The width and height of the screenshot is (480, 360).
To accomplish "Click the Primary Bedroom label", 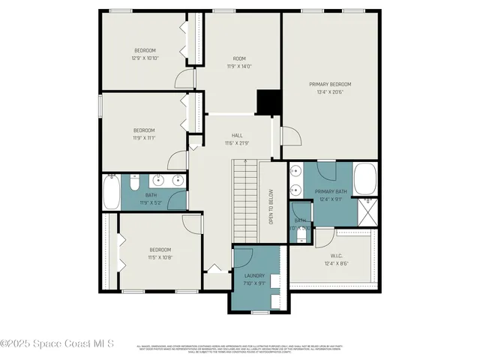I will point(330,84).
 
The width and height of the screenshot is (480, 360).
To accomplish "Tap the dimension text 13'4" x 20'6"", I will point(330,92).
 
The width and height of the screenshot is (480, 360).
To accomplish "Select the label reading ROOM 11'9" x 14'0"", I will point(239,62).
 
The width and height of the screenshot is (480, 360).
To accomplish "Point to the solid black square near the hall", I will point(268,102).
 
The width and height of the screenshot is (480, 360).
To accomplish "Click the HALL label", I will point(237,135).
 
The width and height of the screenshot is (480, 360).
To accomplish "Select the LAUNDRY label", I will point(255,275).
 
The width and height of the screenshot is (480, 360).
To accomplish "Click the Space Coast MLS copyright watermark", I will point(57,343).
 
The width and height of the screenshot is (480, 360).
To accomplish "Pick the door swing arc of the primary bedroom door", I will point(291,136).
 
